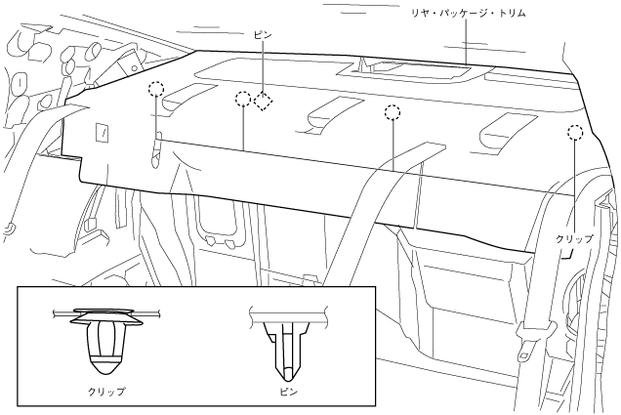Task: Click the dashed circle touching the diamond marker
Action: coord(243,100)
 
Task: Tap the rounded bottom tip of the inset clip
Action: coord(108,370)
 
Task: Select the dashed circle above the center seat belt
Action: coord(393,113)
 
